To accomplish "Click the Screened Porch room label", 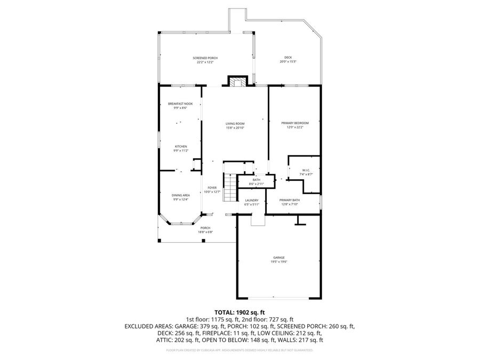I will point(205,58).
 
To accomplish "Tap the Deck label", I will point(288,58).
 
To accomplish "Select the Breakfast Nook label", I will point(180,103).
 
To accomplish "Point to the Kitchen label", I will point(180,147).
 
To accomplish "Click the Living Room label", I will point(235,123).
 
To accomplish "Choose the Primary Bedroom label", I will point(295,123).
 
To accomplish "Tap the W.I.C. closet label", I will point(302,170).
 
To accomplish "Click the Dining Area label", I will point(180,195).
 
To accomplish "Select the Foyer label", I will point(212,188).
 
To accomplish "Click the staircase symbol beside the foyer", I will point(229,188).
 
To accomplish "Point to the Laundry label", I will point(251,200).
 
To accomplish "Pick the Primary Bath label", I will point(290,200).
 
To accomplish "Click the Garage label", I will point(279,257).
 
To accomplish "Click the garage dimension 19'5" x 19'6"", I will point(279,262).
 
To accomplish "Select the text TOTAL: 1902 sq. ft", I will point(239,312).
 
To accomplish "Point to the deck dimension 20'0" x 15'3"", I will point(288,62).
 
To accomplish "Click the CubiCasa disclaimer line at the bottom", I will point(239,350).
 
